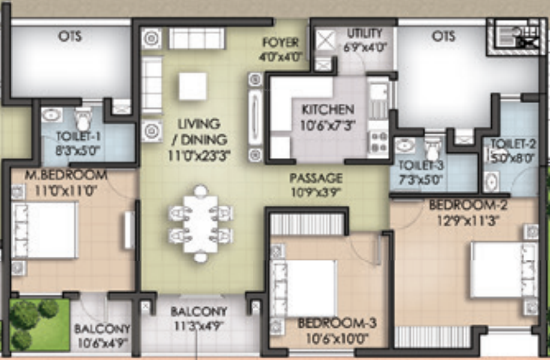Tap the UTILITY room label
364,33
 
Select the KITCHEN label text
327,110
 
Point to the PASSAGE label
315,178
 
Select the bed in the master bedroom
45,230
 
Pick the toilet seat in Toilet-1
83,118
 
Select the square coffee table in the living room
193,86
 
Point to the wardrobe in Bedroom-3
307,224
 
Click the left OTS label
70,36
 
